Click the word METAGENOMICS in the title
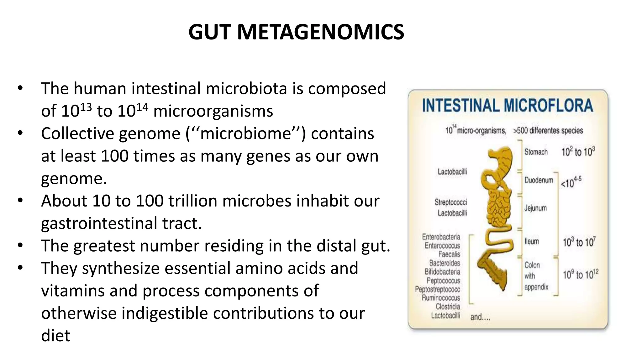pyautogui.click(x=320, y=32)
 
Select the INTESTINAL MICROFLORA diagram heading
pyautogui.click(x=508, y=105)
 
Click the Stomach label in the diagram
pyautogui.click(x=536, y=152)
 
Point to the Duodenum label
pyautogui.click(x=539, y=180)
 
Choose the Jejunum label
pyautogui.click(x=535, y=208)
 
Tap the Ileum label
pyautogui.click(x=532, y=241)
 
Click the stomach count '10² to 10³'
pyautogui.click(x=578, y=152)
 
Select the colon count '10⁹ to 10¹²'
pyautogui.click(x=580, y=275)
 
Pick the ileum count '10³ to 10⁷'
pyautogui.click(x=579, y=242)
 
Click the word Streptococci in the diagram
pyautogui.click(x=450, y=202)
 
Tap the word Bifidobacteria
pyautogui.click(x=442, y=272)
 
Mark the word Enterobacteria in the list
pyautogui.click(x=441, y=237)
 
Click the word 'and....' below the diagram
pyautogui.click(x=480, y=317)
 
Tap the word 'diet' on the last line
pyautogui.click(x=55, y=336)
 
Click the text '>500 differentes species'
pyautogui.click(x=548, y=130)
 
